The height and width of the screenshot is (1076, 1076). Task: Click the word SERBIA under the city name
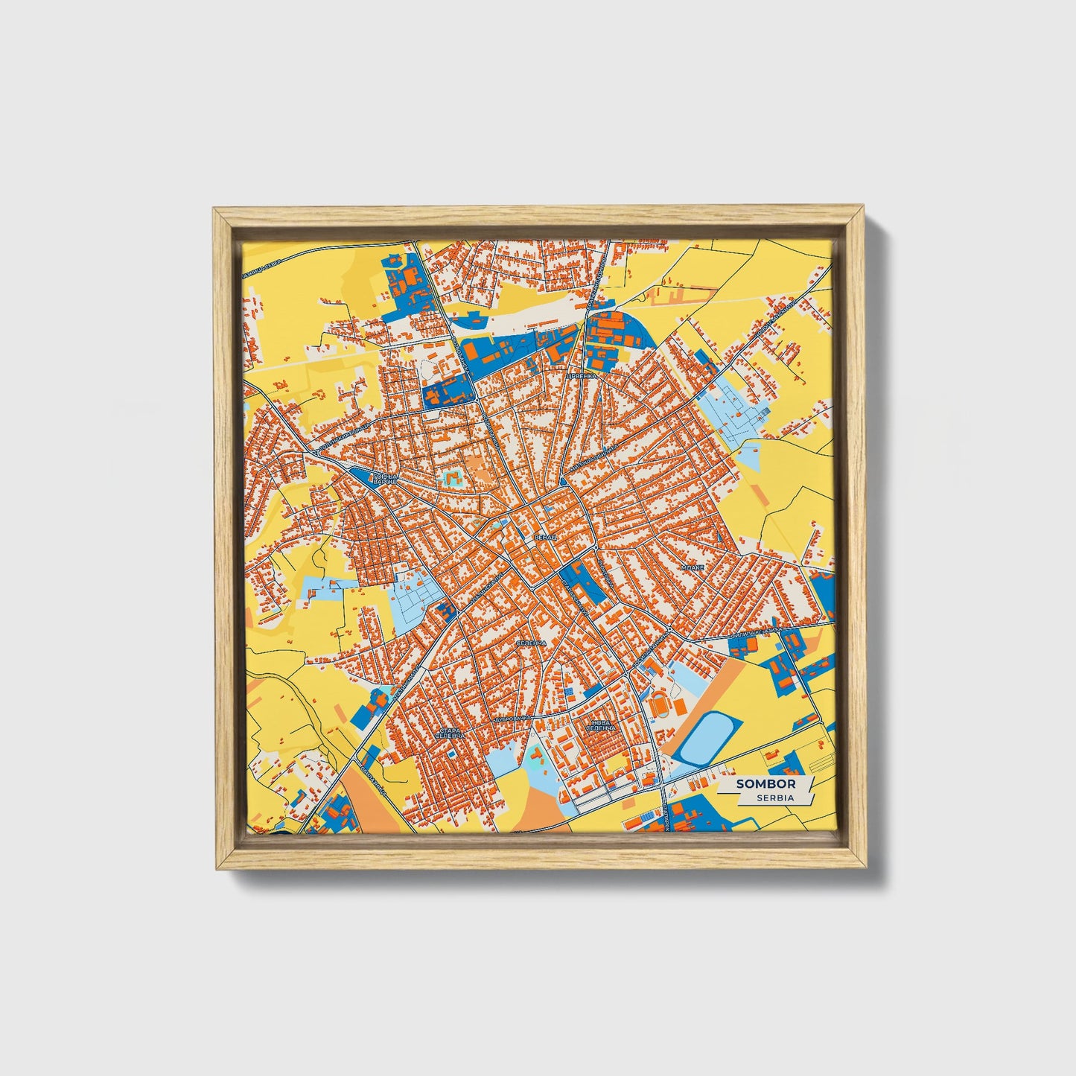[774, 798]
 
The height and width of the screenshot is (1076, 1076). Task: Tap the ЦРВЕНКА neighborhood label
[582, 377]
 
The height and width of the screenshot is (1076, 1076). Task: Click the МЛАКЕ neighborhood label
[693, 567]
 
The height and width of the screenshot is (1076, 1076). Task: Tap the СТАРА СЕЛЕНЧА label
[452, 734]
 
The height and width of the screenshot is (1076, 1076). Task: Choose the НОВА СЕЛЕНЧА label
[599, 725]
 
